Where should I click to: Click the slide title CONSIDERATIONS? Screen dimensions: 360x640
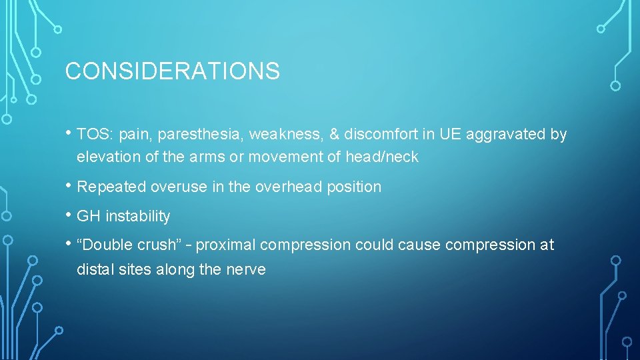[172, 71]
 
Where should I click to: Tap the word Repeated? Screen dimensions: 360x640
[111, 187]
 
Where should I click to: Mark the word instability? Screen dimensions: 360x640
[138, 217]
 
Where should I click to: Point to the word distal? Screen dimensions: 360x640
[94, 269]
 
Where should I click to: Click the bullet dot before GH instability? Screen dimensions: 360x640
[69, 215]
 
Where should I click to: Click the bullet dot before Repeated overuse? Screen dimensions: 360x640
[69, 186]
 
